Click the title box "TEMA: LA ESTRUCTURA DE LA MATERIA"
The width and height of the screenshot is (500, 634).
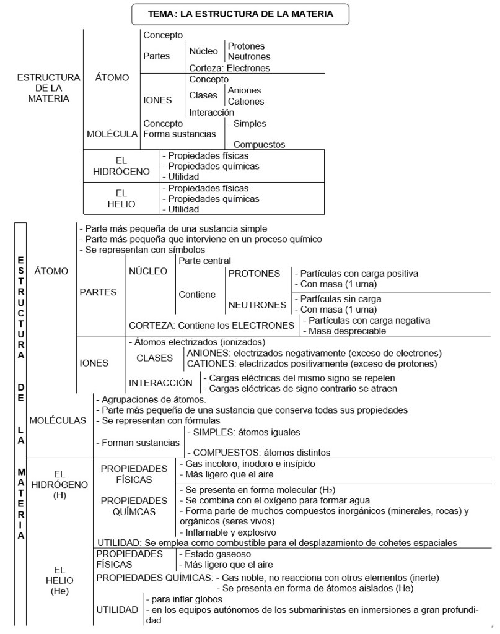pos(241,13)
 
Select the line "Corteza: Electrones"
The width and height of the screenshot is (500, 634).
pos(229,69)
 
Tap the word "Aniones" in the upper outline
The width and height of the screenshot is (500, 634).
pos(245,90)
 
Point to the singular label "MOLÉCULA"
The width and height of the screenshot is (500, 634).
pos(113,134)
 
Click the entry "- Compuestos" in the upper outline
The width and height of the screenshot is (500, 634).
pos(256,144)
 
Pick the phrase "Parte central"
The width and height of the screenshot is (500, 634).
pos(204,261)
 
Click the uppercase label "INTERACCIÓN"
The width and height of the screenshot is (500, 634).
pos(161,383)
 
